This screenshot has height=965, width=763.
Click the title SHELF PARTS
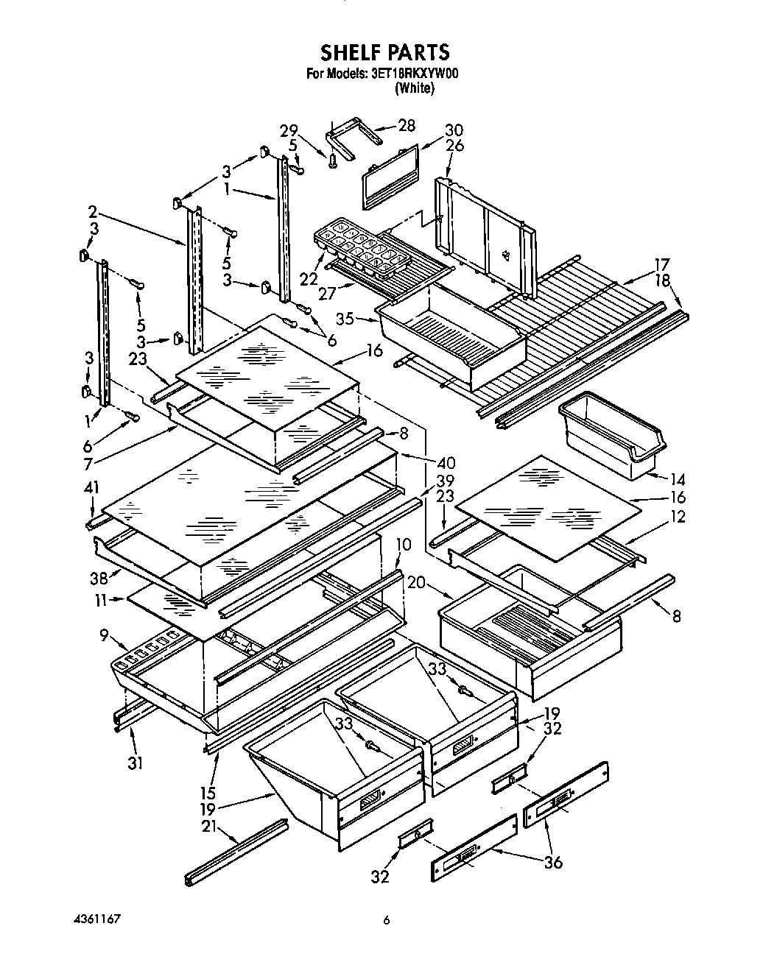(384, 52)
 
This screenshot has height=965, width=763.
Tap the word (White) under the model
(415, 88)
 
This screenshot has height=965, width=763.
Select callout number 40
(446, 463)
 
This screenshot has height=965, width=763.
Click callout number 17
(662, 264)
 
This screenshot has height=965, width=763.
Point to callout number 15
(208, 793)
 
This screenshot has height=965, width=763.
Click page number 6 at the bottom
(385, 920)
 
